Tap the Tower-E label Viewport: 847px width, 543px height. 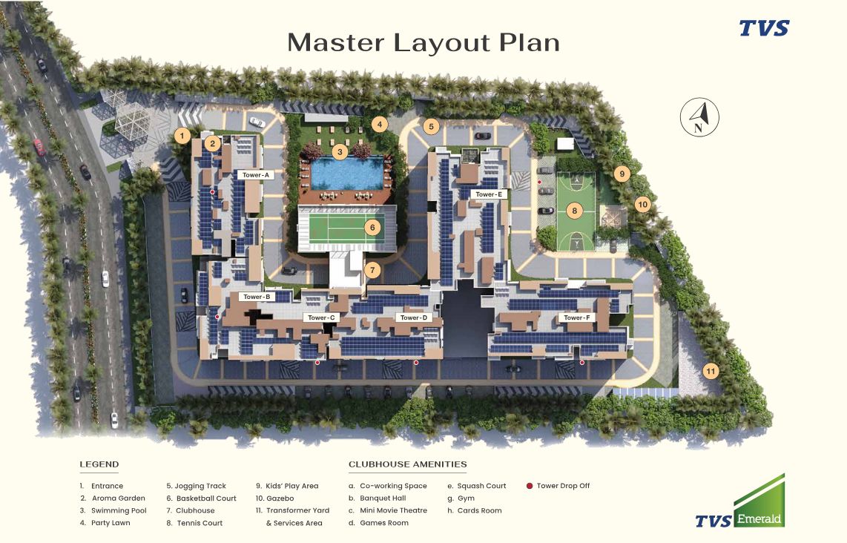tap(489, 194)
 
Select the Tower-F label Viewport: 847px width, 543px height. tap(576, 317)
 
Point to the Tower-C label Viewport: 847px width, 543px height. tap(321, 317)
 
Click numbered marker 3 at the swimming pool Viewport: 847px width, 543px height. tap(340, 152)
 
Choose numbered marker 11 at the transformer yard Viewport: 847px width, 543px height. tap(711, 371)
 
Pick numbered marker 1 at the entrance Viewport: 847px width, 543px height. tap(181, 135)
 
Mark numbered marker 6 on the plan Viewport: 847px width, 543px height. tap(372, 227)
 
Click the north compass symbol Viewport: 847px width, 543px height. tap(699, 117)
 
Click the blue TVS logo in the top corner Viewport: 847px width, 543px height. tap(764, 28)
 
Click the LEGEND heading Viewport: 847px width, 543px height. tap(99, 465)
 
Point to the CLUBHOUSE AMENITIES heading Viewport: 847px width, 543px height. tap(407, 465)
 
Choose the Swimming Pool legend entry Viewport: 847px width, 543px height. tap(119, 510)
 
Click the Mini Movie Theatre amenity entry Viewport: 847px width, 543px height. tap(393, 510)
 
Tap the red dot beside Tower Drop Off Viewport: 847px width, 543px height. tap(529, 486)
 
